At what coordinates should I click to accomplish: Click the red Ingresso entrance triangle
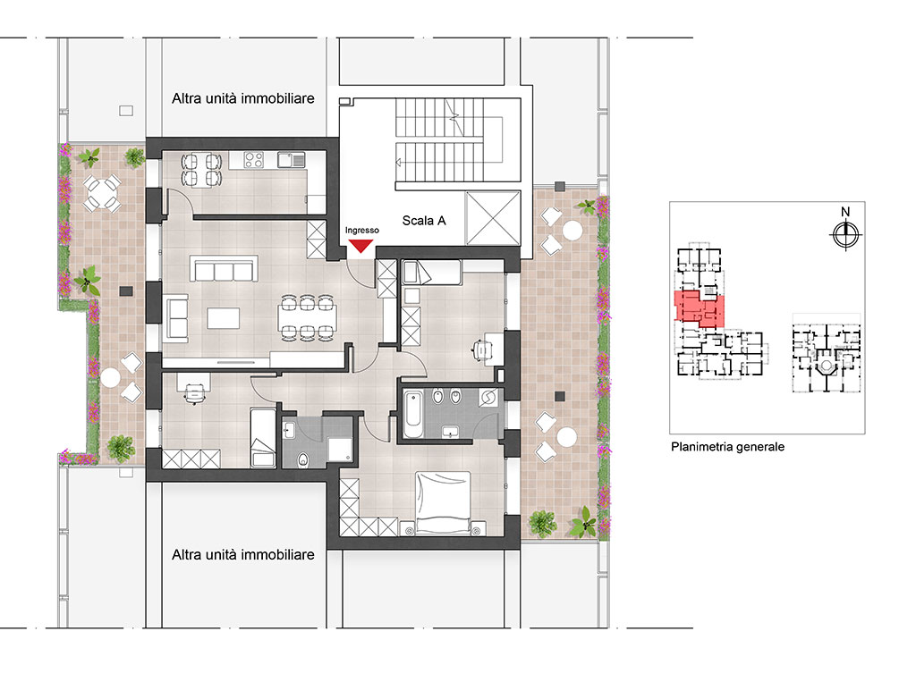361,246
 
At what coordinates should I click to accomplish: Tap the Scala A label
424,221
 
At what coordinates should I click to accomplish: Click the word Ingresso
361,231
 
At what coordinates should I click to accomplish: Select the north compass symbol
845,235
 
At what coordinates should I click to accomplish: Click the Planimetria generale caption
727,447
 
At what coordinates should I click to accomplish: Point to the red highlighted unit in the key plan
700,308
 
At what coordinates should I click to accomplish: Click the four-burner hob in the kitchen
254,159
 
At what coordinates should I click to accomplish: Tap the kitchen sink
291,159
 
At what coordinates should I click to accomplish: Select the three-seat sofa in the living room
224,269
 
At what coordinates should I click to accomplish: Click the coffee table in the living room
223,319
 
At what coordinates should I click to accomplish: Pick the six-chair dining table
308,318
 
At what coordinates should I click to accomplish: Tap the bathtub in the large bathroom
413,415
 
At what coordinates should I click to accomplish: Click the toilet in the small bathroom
302,460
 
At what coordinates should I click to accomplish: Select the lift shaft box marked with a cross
493,218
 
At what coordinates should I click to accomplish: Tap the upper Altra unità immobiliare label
243,98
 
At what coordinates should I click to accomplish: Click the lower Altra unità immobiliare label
243,555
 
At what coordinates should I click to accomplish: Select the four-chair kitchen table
201,170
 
